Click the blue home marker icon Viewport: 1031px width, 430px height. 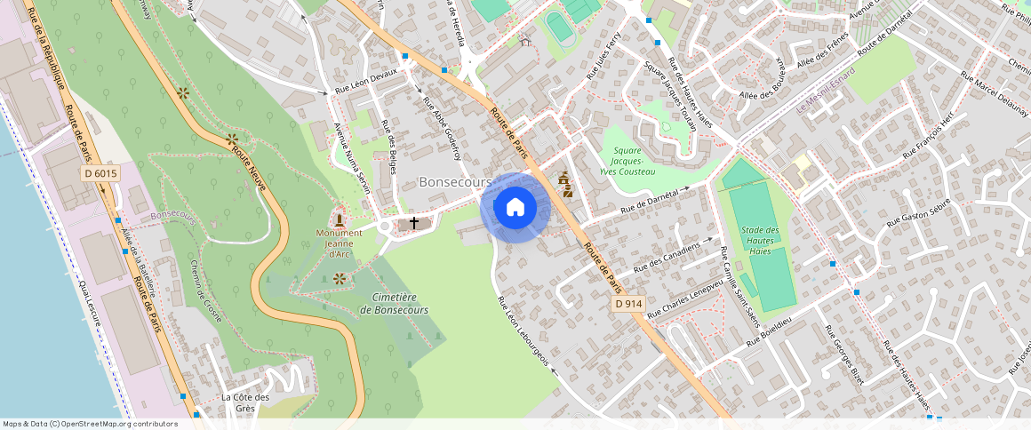[x=515, y=208]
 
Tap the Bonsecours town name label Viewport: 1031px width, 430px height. [x=455, y=181]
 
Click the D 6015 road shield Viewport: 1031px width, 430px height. [x=100, y=174]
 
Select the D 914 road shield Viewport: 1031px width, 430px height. [x=628, y=304]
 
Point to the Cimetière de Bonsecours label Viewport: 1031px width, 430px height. [x=394, y=304]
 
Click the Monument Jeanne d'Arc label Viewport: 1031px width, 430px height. [x=339, y=243]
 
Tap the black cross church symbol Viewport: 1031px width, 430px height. [x=414, y=222]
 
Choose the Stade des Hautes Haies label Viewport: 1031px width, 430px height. [x=760, y=241]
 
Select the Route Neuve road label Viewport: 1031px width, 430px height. [x=250, y=168]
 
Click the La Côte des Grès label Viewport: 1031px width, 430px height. [x=245, y=402]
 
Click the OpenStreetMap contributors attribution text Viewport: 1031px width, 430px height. [x=90, y=424]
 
